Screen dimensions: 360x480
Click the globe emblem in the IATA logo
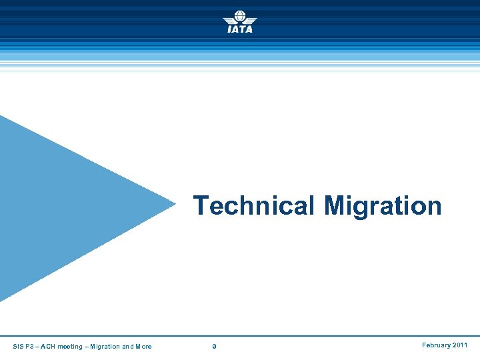(x=240, y=17)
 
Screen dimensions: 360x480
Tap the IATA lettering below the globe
(x=240, y=29)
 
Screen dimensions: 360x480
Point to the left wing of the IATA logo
(x=229, y=21)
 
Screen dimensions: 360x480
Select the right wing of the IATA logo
(x=251, y=21)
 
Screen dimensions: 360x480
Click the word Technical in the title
(x=253, y=206)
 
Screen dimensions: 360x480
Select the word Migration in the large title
(x=383, y=207)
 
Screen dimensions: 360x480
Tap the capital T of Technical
(x=200, y=206)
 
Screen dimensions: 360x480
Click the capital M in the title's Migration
(x=335, y=206)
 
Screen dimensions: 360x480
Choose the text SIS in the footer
(x=18, y=346)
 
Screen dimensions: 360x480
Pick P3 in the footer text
(x=31, y=346)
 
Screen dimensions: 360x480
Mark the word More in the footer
(x=143, y=346)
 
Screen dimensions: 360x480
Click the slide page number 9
(x=214, y=346)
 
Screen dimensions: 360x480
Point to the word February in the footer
(x=437, y=345)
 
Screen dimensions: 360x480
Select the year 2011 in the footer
(x=461, y=345)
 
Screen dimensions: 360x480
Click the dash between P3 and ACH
(x=39, y=346)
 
